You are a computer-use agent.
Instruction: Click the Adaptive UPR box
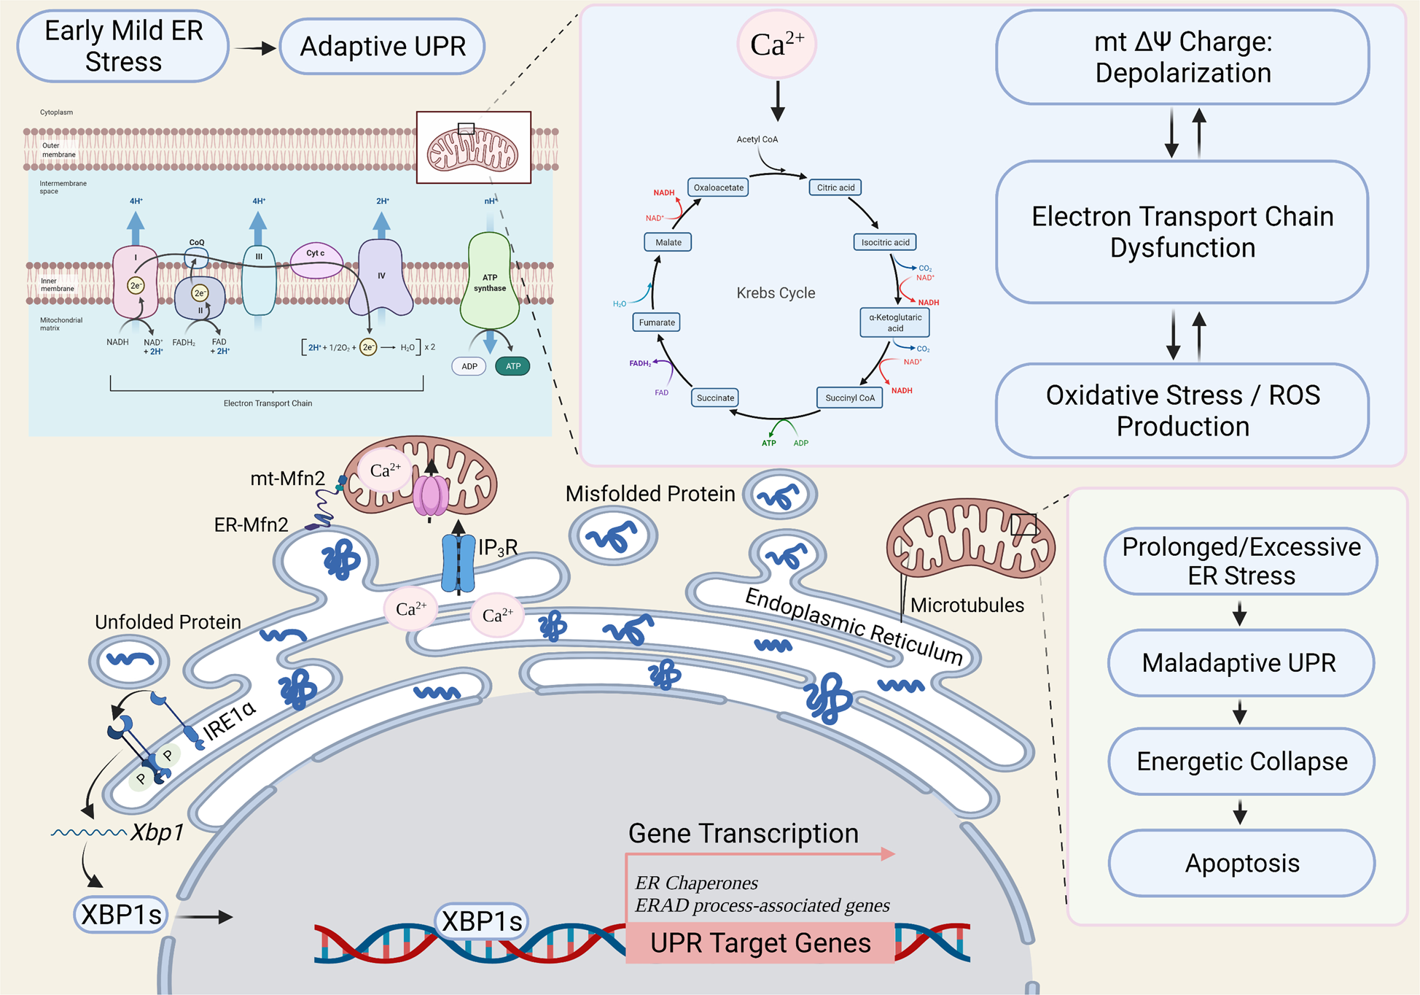coord(382,47)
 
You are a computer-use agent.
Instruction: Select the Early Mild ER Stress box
coord(123,46)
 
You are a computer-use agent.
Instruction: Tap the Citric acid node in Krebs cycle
coord(835,187)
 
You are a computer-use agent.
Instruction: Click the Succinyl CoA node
coord(849,398)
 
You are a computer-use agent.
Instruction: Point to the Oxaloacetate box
coord(718,187)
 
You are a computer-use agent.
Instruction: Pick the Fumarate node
coord(656,322)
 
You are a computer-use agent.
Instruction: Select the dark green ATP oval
coord(512,366)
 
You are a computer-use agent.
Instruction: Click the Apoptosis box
coord(1241,863)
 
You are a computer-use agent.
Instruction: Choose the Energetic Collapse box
coord(1241,762)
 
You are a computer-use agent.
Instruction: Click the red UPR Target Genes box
coord(760,943)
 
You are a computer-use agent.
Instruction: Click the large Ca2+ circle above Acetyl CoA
coord(776,44)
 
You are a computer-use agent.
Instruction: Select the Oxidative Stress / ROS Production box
coord(1182,411)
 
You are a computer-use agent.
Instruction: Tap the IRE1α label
coord(230,721)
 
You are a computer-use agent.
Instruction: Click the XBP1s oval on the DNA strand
coord(482,921)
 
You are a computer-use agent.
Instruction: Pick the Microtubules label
coord(967,605)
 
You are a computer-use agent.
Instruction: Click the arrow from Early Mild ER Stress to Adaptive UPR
coord(254,48)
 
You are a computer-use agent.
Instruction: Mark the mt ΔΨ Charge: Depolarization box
coord(1182,57)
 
